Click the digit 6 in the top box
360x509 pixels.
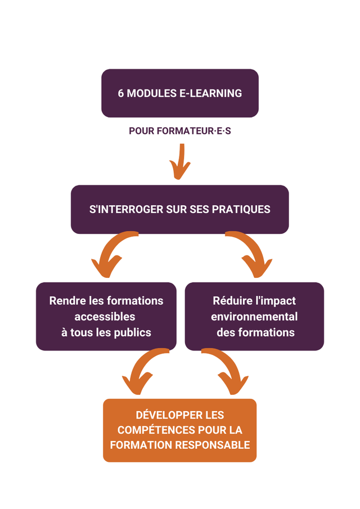pyautogui.click(x=121, y=93)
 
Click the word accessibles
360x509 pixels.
pyautogui.click(x=105, y=317)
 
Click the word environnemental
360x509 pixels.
pyautogui.click(x=254, y=317)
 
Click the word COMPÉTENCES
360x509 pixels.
pyautogui.click(x=156, y=430)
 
